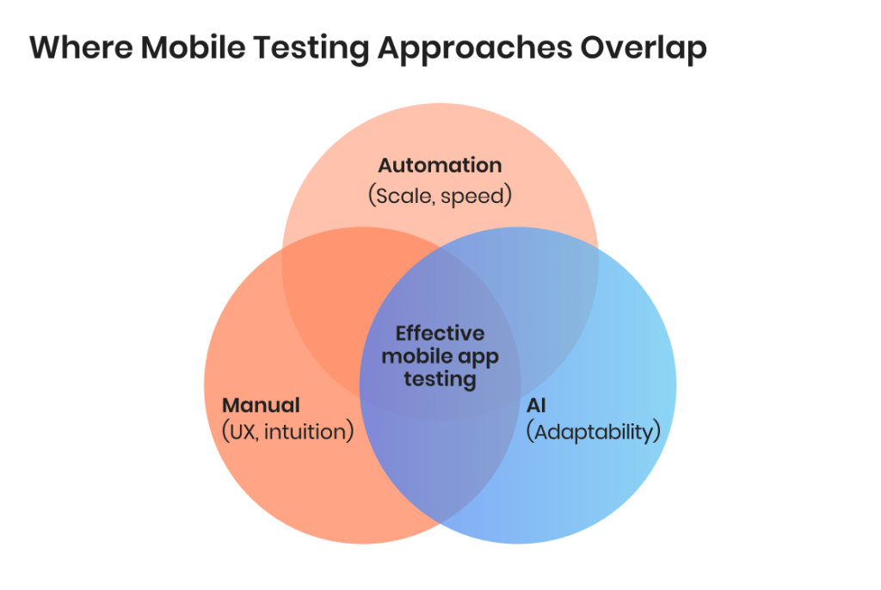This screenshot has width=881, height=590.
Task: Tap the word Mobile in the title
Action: [x=193, y=47]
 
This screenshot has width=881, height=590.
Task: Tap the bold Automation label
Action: [x=440, y=165]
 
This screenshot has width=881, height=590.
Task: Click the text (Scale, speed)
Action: [x=440, y=195]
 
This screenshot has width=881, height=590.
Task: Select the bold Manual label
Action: [x=261, y=405]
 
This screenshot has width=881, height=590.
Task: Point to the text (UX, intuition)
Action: [x=288, y=432]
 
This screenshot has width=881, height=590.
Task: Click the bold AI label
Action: [x=536, y=405]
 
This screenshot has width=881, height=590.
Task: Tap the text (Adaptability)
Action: [x=594, y=432]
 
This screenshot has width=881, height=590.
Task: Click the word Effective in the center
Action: [x=440, y=333]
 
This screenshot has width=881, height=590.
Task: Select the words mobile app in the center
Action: [x=440, y=357]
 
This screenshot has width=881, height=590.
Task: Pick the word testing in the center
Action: [x=440, y=379]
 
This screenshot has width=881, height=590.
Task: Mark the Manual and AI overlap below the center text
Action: [x=440, y=466]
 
